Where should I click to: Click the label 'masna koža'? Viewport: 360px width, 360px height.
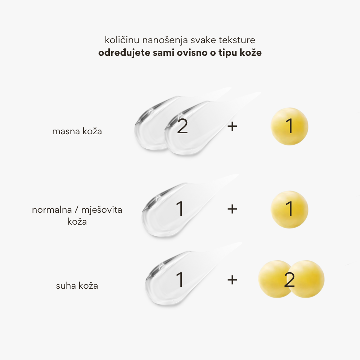pos(77,131)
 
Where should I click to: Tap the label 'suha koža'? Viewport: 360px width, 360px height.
pos(77,286)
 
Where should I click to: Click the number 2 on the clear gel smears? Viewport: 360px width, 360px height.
pos(183,127)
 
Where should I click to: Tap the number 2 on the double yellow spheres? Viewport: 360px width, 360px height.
pos(289,280)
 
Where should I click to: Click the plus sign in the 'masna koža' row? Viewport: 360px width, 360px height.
pos(233,126)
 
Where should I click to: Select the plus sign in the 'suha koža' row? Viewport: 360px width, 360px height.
pos(233,280)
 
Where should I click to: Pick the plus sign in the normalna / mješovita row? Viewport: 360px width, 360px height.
pos(233,208)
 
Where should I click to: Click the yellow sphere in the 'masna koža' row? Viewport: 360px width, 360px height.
pos(289,127)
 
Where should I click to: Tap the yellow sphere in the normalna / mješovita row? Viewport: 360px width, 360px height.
pos(289,210)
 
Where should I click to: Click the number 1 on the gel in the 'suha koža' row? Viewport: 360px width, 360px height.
pos(180,280)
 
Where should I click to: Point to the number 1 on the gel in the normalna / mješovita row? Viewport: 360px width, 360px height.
pos(180,209)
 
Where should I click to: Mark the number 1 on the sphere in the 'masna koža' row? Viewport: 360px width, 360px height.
pos(289,127)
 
